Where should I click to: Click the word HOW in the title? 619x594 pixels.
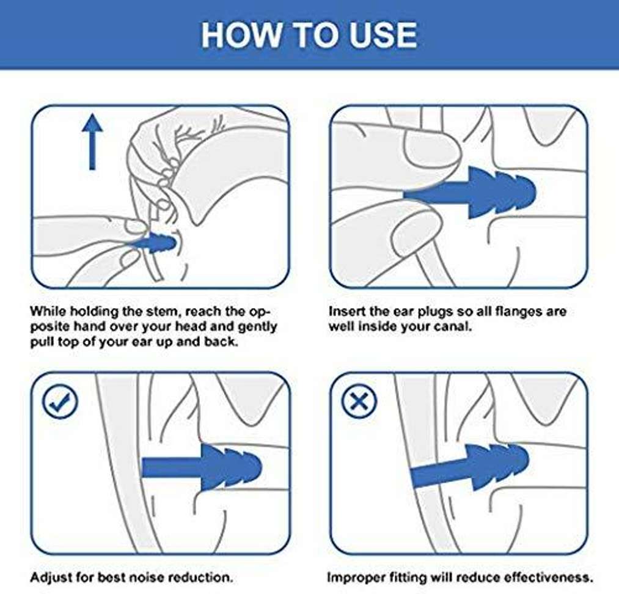240,35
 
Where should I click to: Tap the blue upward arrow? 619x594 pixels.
92,142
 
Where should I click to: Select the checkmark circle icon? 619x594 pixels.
60,402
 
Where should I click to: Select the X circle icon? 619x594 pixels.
359,402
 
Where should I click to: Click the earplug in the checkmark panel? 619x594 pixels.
202,468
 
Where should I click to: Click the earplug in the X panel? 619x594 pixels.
470,467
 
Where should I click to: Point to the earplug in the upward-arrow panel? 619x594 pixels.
155,242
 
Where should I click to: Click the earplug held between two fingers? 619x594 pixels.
470,193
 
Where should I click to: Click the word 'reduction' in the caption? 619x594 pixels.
200,578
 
